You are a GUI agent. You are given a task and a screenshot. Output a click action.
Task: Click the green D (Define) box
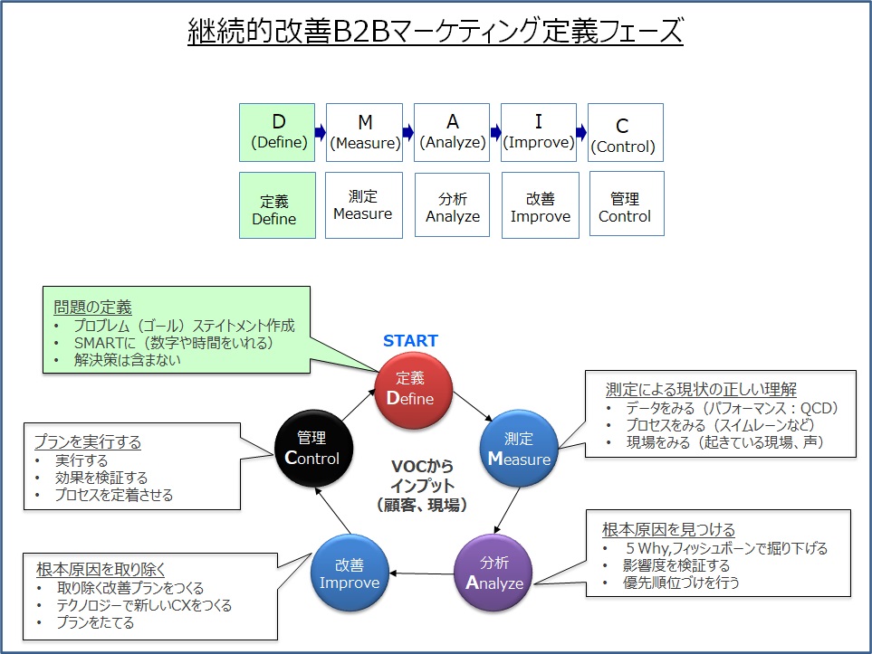pos(277,132)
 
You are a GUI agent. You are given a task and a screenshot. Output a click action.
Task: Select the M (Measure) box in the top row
pos(364,132)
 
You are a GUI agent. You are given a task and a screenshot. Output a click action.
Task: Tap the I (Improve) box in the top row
pos(539,132)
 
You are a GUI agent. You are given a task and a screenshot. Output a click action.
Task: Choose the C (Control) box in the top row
pos(626,132)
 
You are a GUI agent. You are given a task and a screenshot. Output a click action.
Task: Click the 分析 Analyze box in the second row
pos(452,205)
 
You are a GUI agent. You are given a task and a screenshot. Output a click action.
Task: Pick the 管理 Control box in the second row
pos(627,204)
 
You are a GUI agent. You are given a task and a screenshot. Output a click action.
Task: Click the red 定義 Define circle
pos(413,391)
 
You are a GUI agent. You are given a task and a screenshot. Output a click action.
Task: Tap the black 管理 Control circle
pos(313,449)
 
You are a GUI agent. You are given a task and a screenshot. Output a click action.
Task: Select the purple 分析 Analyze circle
pos(493,573)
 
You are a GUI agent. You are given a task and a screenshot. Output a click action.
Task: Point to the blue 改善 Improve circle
pos(350,573)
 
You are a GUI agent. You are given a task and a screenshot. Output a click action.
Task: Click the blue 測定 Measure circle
pos(519,449)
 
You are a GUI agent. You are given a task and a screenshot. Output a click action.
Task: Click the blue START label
pos(410,341)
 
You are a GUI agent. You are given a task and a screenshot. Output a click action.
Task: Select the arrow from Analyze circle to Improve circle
pos(422,573)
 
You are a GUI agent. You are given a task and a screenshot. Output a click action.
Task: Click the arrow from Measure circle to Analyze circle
pos(506,510)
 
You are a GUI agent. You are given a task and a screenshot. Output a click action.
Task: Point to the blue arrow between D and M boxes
pos(321,132)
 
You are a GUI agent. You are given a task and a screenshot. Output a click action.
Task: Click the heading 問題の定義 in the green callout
pos(92,307)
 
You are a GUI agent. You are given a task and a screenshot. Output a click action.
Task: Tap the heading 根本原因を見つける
pos(668,529)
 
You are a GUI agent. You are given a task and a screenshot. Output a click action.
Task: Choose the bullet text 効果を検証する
pos(101,478)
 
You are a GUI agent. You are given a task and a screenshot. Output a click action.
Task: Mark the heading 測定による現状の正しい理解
pos(701,389)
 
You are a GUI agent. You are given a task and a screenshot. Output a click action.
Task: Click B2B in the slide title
pos(361,31)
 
